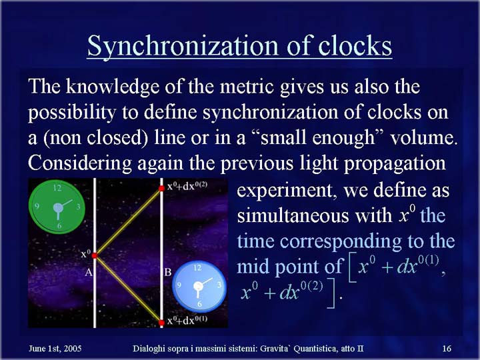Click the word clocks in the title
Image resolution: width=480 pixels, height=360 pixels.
point(355,45)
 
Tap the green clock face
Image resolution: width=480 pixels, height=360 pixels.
point(57,207)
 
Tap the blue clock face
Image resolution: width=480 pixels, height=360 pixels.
point(199,287)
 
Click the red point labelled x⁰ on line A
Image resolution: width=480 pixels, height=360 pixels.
point(95,255)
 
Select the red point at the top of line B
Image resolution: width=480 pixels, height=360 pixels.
point(161,188)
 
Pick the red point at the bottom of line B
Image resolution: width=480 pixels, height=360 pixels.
point(161,322)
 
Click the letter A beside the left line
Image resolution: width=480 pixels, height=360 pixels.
point(89,272)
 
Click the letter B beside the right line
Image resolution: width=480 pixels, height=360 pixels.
point(168,272)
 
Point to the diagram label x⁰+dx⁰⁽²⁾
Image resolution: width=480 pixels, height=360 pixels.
point(187,186)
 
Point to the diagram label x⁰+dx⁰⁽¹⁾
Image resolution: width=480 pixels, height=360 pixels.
point(187,320)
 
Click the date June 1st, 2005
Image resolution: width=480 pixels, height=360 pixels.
point(55,349)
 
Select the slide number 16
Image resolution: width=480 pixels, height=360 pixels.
point(447,349)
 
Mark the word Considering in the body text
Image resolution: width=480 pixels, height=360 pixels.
point(80,163)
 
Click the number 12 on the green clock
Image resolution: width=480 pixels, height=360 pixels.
point(57,187)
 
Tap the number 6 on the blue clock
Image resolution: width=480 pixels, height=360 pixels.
point(199,304)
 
